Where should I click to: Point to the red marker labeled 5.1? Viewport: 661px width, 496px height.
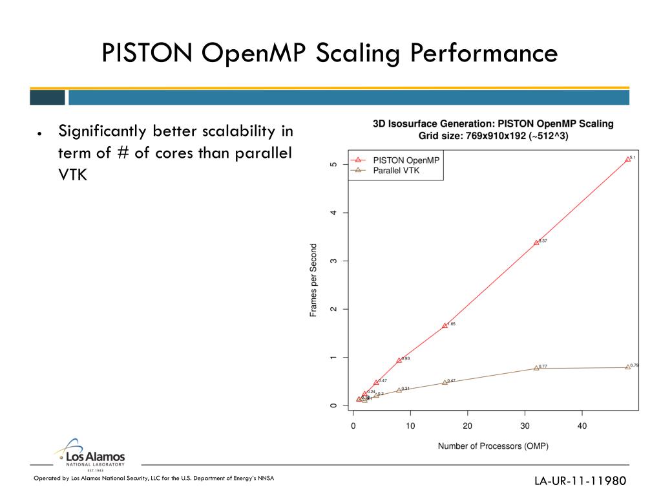[627, 159]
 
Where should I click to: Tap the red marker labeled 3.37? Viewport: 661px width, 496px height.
[536, 243]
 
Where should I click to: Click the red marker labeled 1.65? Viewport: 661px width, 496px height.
[445, 325]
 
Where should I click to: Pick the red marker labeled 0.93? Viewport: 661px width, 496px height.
[399, 360]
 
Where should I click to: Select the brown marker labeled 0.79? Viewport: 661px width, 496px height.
[627, 367]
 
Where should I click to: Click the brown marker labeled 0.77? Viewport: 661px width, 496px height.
[536, 368]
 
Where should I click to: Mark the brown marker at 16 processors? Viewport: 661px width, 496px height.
[445, 383]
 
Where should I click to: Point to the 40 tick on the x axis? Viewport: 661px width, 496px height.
[582, 426]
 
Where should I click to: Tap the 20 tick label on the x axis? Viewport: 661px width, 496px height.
[467, 426]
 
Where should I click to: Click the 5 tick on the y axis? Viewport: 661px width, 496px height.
[333, 164]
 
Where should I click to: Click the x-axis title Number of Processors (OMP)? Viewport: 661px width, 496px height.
[493, 446]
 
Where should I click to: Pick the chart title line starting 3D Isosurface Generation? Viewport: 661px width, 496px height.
[493, 124]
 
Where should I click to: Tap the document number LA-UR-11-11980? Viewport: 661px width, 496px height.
[580, 481]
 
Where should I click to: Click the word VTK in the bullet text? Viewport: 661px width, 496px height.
[72, 175]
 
